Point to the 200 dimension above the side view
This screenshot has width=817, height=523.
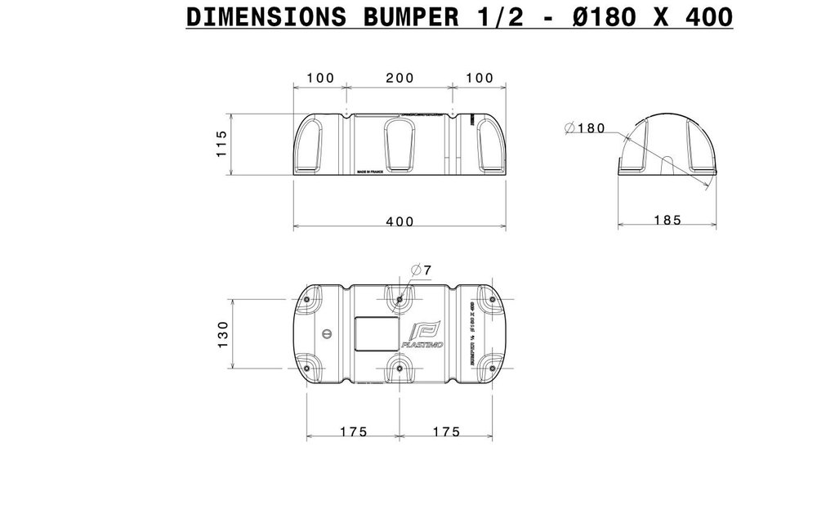coord(399,78)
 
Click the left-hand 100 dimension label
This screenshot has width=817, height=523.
coord(320,78)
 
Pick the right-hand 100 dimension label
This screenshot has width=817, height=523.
coord(479,78)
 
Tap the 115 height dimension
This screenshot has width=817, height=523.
coord(220,144)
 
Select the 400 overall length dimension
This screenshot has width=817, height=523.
coord(400,221)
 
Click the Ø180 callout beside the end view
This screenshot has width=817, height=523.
coord(586,127)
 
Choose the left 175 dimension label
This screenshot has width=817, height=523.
coord(353,431)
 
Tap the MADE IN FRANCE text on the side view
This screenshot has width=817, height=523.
coord(373,173)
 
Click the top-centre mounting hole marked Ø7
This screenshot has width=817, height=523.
coord(399,300)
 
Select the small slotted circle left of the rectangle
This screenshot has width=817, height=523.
coord(328,333)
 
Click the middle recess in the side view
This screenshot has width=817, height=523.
coord(400,145)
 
